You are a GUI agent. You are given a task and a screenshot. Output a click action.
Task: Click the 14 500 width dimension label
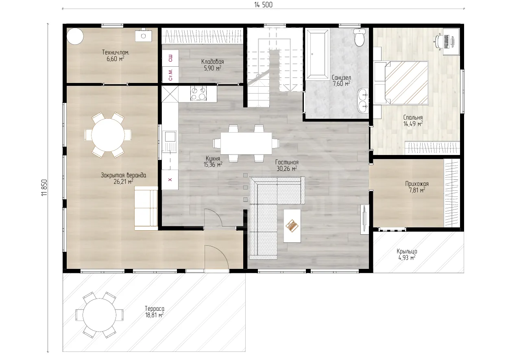263,4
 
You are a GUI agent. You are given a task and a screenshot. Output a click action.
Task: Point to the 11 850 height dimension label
44,188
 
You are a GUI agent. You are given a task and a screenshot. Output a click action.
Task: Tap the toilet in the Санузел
360,37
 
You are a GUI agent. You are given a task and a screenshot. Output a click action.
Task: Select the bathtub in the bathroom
318,54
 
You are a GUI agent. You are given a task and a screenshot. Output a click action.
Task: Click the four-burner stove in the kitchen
198,94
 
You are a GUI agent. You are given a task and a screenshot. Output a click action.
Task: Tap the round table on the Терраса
99,315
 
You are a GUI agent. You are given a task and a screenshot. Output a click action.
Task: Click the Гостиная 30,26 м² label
287,165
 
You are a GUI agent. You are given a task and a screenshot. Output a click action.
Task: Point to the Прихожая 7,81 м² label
417,187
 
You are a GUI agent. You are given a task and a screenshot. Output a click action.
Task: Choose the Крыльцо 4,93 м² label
407,254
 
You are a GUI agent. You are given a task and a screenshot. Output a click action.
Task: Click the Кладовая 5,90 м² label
212,65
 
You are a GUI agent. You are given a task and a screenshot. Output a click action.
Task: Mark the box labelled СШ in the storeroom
170,58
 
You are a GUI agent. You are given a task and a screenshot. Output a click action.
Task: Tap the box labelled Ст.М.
170,74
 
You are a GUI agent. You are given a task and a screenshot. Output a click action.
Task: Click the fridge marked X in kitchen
170,179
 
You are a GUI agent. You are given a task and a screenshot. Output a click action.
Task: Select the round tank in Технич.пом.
75,36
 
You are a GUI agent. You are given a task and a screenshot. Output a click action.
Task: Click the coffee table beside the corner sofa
292,226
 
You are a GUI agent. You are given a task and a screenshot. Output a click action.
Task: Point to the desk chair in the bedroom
438,41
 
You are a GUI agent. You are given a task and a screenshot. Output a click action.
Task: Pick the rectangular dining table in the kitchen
246,144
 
